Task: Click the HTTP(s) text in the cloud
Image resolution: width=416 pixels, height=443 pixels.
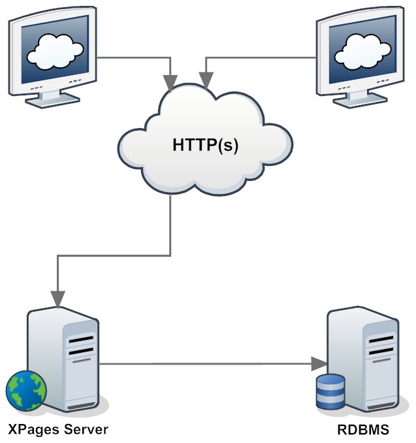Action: pos(206,144)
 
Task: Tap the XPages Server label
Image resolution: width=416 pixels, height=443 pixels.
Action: pos(57,429)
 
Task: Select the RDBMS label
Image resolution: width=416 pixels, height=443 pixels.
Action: pos(362,429)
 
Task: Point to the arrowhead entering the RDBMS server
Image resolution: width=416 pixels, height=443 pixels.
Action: pos(320,363)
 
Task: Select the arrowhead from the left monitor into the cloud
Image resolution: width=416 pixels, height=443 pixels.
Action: pos(170,82)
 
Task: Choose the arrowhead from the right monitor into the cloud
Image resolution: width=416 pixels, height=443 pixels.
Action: pos(206,82)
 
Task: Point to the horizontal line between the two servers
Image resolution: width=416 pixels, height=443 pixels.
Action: pos(209,363)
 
